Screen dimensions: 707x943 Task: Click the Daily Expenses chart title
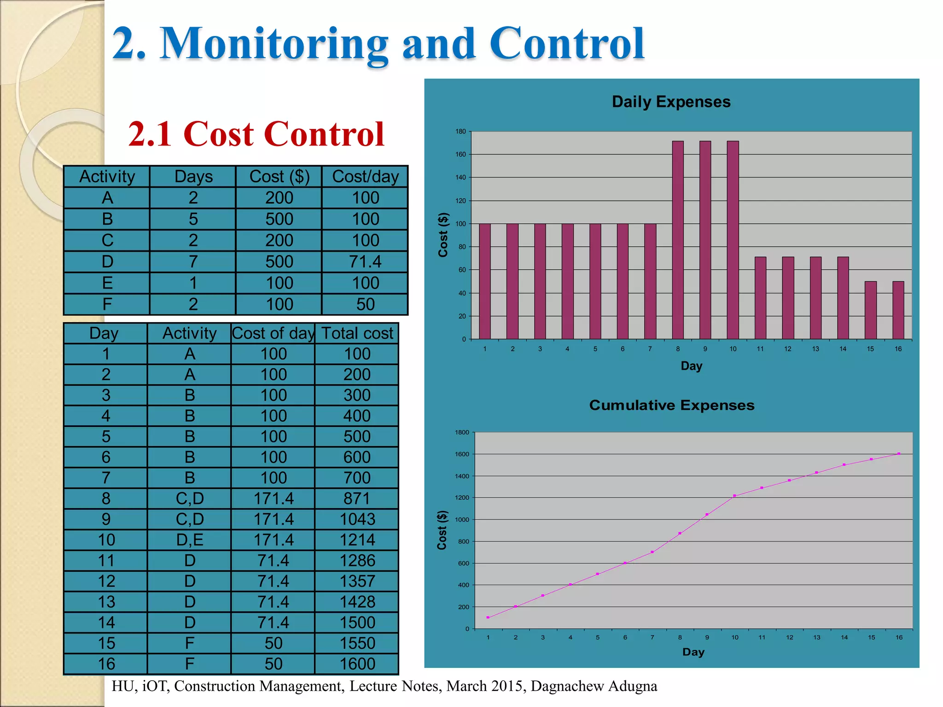tap(671, 102)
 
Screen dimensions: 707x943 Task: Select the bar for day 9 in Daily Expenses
tap(705, 239)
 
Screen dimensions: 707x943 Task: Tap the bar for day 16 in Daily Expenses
tap(898, 310)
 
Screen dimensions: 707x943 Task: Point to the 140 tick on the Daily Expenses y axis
tap(460, 177)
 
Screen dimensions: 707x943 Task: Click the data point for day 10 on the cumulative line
tap(734, 496)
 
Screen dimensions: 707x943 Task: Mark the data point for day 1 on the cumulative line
tap(488, 617)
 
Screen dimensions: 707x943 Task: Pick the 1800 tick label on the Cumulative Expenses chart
tap(462, 432)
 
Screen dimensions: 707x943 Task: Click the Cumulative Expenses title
tap(671, 405)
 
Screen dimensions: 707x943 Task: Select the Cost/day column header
tap(365, 177)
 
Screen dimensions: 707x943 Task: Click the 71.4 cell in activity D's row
tap(365, 261)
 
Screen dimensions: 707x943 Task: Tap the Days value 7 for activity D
tap(193, 261)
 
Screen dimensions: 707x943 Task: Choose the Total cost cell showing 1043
tap(357, 519)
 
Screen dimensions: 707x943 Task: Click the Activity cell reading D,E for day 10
tap(189, 540)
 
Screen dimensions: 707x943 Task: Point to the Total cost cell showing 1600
tap(357, 664)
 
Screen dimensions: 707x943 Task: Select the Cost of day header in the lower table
tap(273, 333)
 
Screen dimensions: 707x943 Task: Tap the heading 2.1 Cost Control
tap(256, 134)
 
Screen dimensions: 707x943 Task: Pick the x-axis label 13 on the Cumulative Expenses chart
tap(816, 637)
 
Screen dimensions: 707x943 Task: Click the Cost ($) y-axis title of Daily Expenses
tap(443, 235)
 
